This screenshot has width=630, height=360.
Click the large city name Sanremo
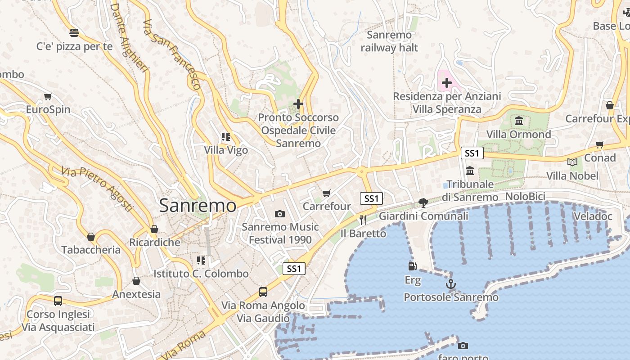198,206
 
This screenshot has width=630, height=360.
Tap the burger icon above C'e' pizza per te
74,33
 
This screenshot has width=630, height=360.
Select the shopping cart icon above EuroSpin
48,96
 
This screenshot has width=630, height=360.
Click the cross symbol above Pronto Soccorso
298,104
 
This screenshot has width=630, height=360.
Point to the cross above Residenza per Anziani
446,82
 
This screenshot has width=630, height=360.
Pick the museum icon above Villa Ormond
519,121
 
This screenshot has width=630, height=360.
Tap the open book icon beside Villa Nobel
572,162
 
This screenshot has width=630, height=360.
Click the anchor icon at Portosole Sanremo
450,284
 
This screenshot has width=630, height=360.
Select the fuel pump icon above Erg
412,266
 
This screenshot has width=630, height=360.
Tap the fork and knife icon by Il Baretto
363,220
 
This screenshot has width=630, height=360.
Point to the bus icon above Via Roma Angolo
263,292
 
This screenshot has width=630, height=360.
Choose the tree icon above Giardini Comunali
423,202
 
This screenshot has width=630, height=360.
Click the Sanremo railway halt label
389,41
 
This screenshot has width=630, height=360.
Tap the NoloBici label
525,196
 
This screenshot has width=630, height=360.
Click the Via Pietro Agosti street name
97,189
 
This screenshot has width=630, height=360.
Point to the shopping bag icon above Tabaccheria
91,237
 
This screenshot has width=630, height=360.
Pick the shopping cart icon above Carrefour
327,193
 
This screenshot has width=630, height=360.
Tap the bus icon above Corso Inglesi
58,301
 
